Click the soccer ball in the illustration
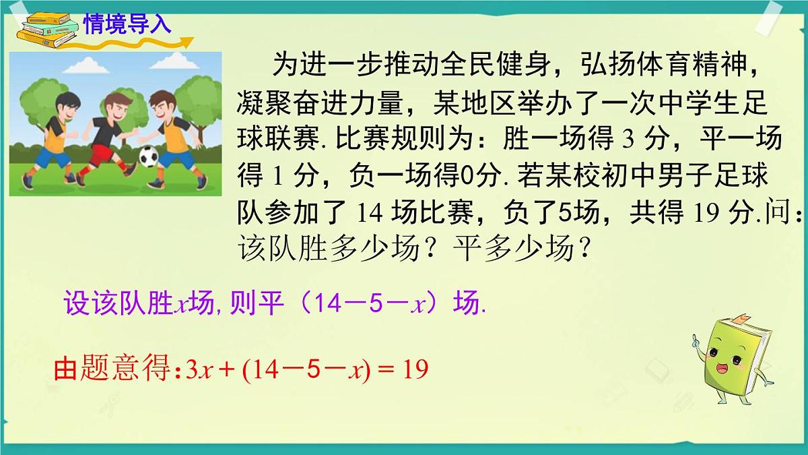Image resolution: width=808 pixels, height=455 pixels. coord(147,157)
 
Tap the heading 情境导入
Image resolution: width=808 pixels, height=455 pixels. coord(128,24)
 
